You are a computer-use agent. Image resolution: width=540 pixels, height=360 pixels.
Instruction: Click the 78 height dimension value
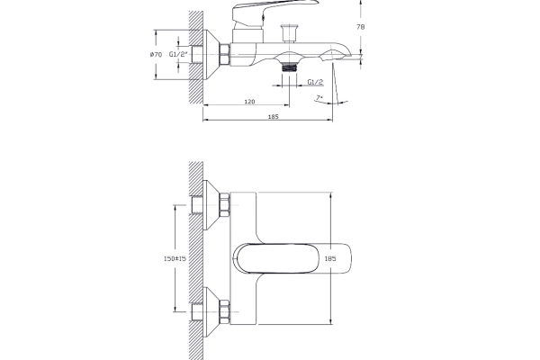coord(360,26)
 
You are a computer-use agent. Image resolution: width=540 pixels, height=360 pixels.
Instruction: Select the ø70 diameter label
coord(156,54)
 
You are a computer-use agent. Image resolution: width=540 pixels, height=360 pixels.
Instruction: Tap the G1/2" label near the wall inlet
coord(178,54)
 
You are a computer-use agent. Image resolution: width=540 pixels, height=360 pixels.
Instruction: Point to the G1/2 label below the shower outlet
coord(315,82)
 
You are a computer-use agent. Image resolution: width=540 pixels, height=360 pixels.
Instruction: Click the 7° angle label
coord(319,97)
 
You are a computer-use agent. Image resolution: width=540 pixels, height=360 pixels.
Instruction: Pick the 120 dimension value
coord(249,102)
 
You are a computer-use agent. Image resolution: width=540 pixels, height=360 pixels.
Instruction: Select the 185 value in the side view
coord(273,116)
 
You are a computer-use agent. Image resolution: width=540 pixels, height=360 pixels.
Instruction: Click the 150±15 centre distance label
coord(175,258)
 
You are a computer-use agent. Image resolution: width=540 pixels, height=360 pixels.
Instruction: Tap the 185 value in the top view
coord(330,258)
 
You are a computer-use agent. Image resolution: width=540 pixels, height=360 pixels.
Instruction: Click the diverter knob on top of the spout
coord(289,33)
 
